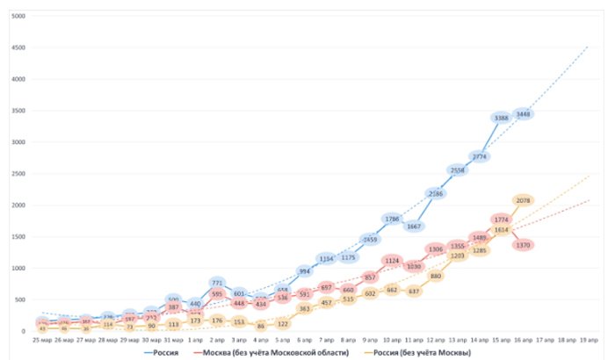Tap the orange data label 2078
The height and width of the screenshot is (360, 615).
point(525,201)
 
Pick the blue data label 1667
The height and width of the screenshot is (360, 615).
point(414,226)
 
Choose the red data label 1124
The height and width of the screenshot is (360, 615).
point(392,261)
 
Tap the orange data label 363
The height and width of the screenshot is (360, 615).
point(305,309)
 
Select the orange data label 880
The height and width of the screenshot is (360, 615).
point(436,276)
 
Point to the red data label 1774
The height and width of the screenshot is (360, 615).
point(502,220)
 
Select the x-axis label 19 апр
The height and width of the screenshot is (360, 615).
point(589,338)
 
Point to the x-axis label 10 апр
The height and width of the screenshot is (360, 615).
point(393,338)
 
